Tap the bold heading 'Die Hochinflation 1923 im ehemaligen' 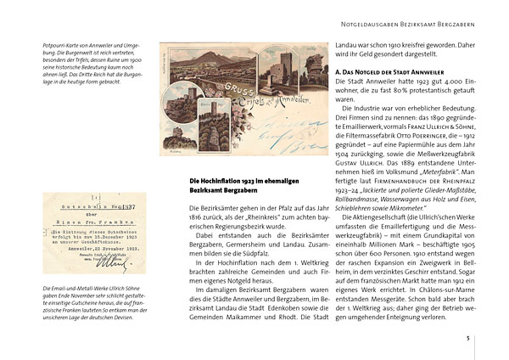[x=242, y=182]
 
